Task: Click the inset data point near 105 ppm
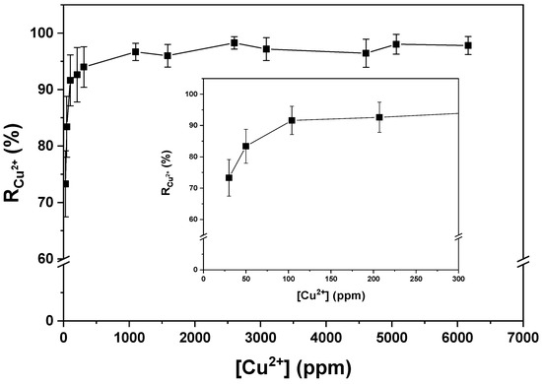292,120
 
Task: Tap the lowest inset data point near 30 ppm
229,178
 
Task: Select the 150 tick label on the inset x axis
331,279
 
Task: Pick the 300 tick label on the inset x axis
458,279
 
